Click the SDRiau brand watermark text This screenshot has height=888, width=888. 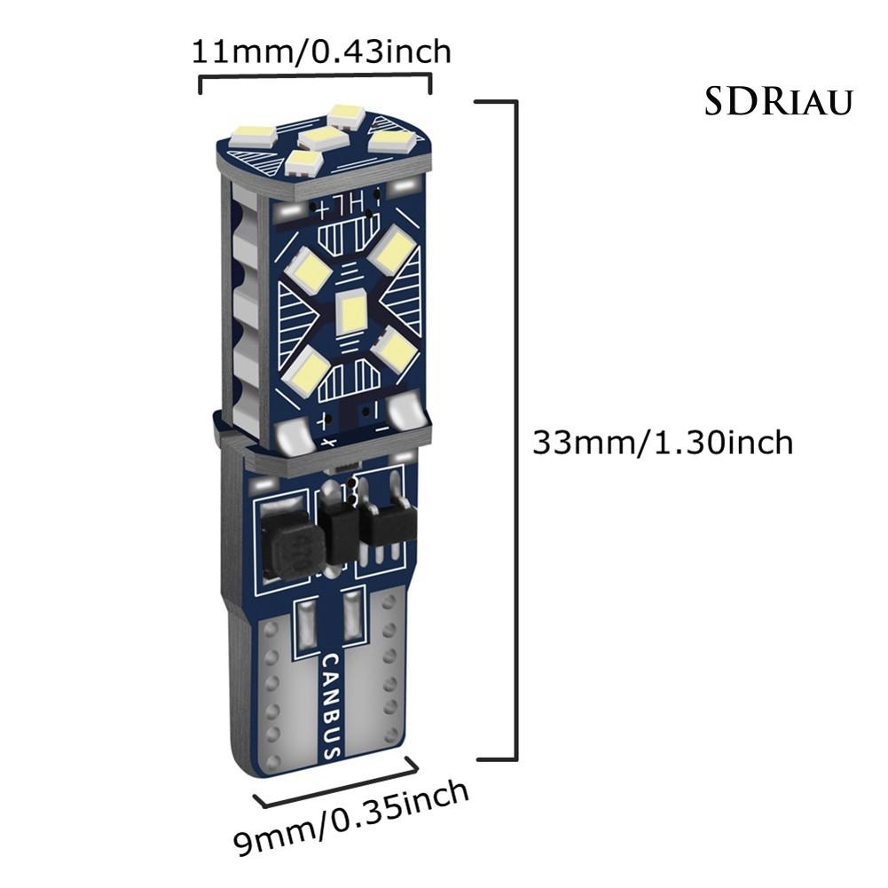click(778, 102)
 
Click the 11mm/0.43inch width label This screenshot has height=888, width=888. click(321, 51)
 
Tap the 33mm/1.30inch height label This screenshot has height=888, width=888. click(662, 441)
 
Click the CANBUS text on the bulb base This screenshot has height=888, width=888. click(329, 706)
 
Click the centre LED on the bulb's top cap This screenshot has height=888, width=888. click(321, 138)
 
